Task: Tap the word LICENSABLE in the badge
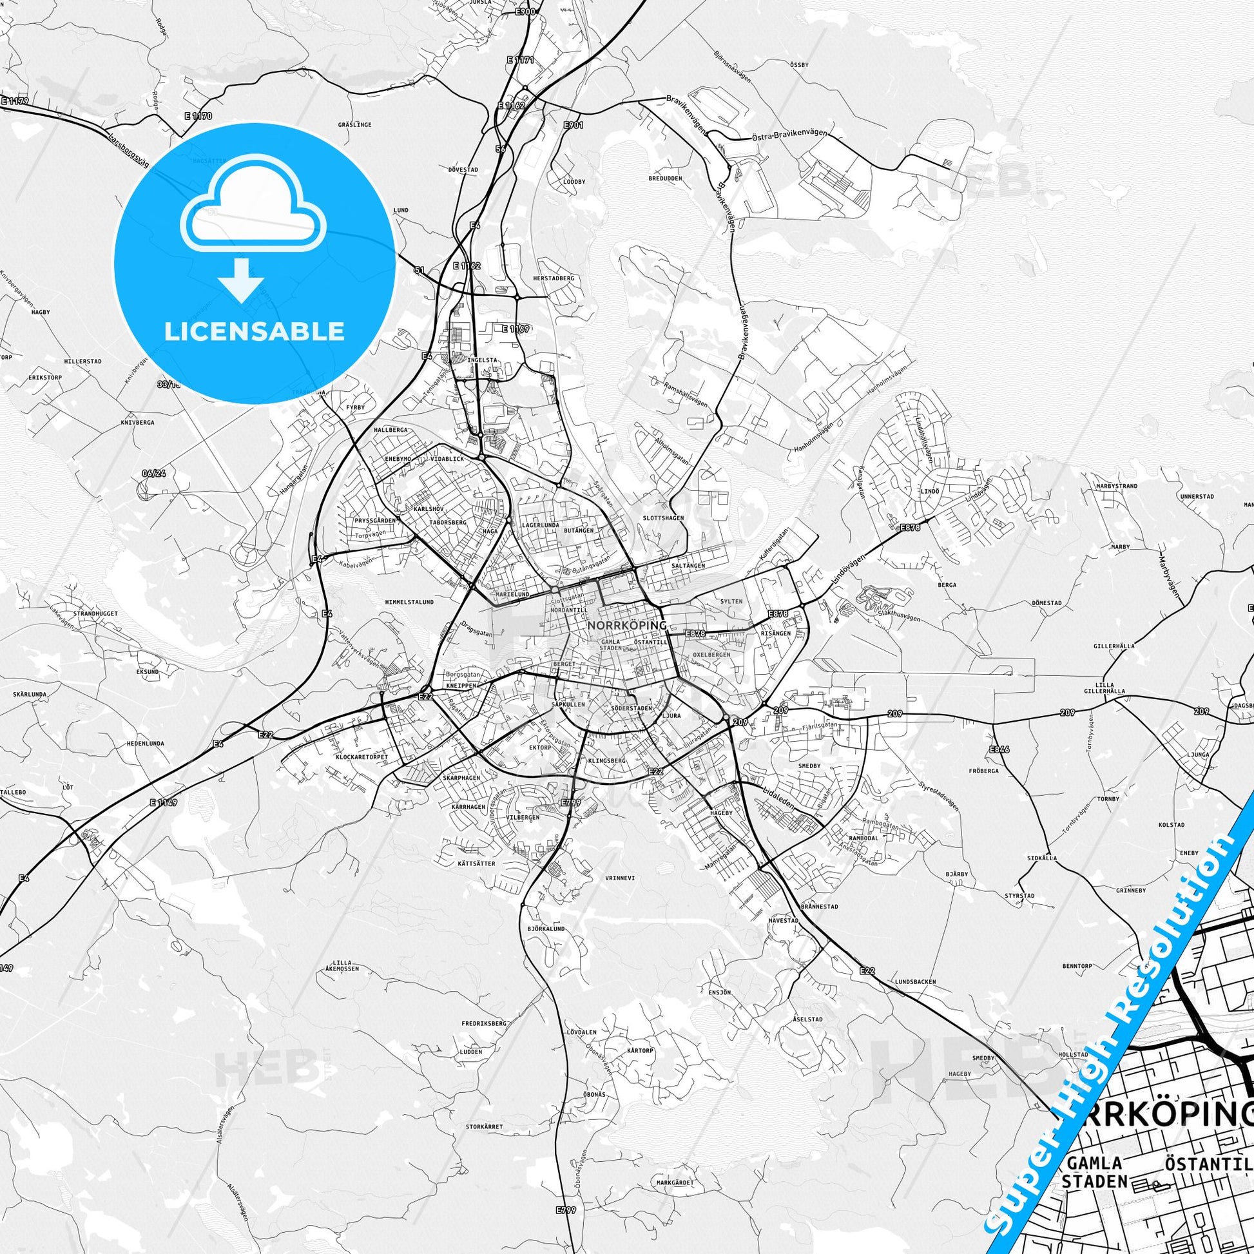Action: [255, 331]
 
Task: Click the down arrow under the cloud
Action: [241, 278]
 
